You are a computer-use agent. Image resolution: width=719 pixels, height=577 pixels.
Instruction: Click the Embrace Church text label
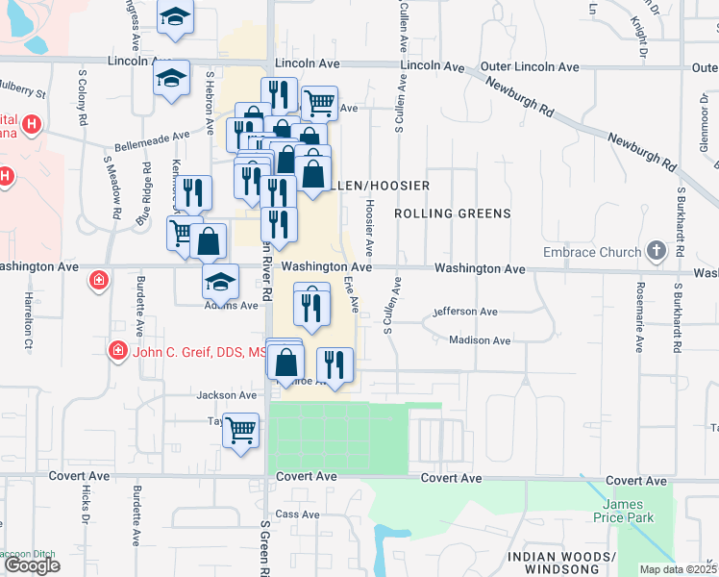pos(591,252)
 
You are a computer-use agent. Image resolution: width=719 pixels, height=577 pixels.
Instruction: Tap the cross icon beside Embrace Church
pos(657,252)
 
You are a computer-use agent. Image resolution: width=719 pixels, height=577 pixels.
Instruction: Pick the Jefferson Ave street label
pos(465,312)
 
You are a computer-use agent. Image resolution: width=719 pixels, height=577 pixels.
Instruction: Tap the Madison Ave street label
pos(480,340)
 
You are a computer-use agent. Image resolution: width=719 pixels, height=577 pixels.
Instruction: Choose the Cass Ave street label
pos(297,514)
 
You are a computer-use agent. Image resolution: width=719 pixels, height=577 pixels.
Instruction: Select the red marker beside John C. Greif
pos(118,351)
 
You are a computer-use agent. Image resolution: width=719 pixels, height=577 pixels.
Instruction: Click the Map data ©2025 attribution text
pos(679,569)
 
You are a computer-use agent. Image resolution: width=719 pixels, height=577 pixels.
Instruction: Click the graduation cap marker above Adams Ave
pos(220,281)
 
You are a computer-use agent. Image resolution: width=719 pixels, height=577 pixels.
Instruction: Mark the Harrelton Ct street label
pos(29,319)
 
